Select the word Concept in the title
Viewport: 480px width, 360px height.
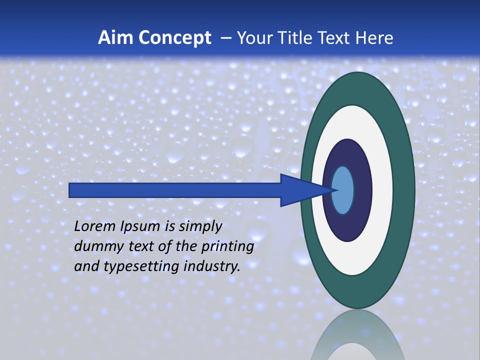[x=175, y=38]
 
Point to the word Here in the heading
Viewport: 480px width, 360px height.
[x=374, y=38]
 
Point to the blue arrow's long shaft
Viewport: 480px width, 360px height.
[x=175, y=190]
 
